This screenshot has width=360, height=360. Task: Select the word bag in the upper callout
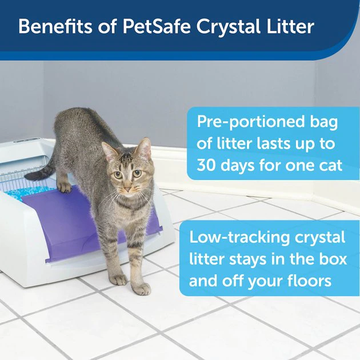click(322, 122)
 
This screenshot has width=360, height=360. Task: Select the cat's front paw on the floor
click(119, 279)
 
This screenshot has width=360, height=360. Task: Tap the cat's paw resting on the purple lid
click(65, 187)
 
